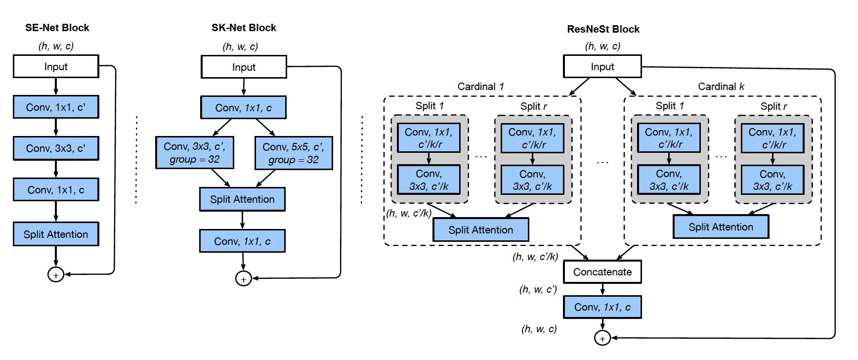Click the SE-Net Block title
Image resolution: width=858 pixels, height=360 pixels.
tap(57, 28)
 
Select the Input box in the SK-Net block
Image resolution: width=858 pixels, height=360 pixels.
tap(244, 67)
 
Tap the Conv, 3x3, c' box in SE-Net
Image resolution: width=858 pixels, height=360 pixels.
tap(55, 148)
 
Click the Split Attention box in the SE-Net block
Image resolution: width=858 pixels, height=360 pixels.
tap(55, 234)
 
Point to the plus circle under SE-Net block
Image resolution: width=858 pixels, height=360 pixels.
tap(55, 275)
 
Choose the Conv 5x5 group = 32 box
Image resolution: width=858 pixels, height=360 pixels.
tap(293, 153)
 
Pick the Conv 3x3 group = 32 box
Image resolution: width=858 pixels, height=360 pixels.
tap(194, 153)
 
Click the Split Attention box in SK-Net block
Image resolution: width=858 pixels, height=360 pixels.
tap(242, 199)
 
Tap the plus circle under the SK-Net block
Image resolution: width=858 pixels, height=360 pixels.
tap(243, 279)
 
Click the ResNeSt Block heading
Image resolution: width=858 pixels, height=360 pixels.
tap(603, 29)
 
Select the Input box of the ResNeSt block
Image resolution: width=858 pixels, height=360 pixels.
tap(602, 67)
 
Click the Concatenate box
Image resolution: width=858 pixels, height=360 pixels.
tap(602, 272)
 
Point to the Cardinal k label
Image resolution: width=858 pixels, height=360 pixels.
tap(721, 87)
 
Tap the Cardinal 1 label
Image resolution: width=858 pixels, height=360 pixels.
tap(480, 87)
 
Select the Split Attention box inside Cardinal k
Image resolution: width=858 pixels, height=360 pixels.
tap(721, 227)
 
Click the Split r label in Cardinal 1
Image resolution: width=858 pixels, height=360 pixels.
tap(533, 106)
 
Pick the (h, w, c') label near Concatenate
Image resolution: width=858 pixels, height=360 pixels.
tap(538, 290)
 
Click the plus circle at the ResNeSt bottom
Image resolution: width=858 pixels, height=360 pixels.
tap(602, 339)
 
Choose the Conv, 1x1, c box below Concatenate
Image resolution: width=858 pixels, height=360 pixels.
tap(602, 307)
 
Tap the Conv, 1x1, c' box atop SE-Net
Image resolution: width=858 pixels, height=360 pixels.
tap(55, 107)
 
